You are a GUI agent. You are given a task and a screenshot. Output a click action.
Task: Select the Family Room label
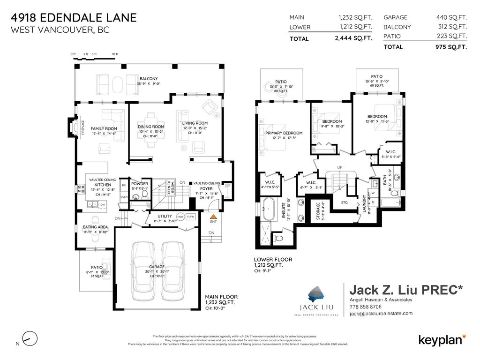[x=104, y=128]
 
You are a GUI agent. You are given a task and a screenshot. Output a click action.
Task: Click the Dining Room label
[x=151, y=127]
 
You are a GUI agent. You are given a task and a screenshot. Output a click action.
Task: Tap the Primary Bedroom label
[x=284, y=133]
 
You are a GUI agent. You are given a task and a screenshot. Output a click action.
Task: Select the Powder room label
[x=140, y=184]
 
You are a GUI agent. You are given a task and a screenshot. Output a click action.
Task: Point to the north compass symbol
[x=29, y=338]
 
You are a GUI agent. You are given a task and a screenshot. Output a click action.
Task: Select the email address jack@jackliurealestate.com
[x=381, y=314]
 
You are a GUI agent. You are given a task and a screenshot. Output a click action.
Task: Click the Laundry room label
[x=364, y=204]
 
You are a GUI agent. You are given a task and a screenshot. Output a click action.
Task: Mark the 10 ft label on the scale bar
[x=115, y=55]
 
